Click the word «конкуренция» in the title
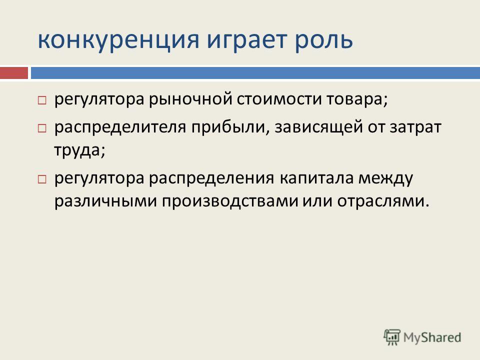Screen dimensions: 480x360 click(118, 40)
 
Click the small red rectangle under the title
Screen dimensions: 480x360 click(14, 73)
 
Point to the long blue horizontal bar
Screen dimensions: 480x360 click(255, 73)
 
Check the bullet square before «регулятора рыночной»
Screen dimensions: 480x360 click(42, 100)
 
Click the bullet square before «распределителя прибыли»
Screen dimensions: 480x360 click(42, 128)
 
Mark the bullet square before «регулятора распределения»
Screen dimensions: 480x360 click(42, 179)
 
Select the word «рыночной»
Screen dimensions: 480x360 click(190, 99)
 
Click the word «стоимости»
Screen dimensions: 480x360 click(279, 99)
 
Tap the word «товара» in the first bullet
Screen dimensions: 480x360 click(354, 99)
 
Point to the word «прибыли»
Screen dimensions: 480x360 click(230, 126)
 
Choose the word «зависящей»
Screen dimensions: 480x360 click(318, 126)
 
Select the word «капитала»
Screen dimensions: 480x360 click(316, 178)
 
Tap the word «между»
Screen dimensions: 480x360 click(385, 178)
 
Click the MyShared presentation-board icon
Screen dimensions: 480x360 click(392, 337)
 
